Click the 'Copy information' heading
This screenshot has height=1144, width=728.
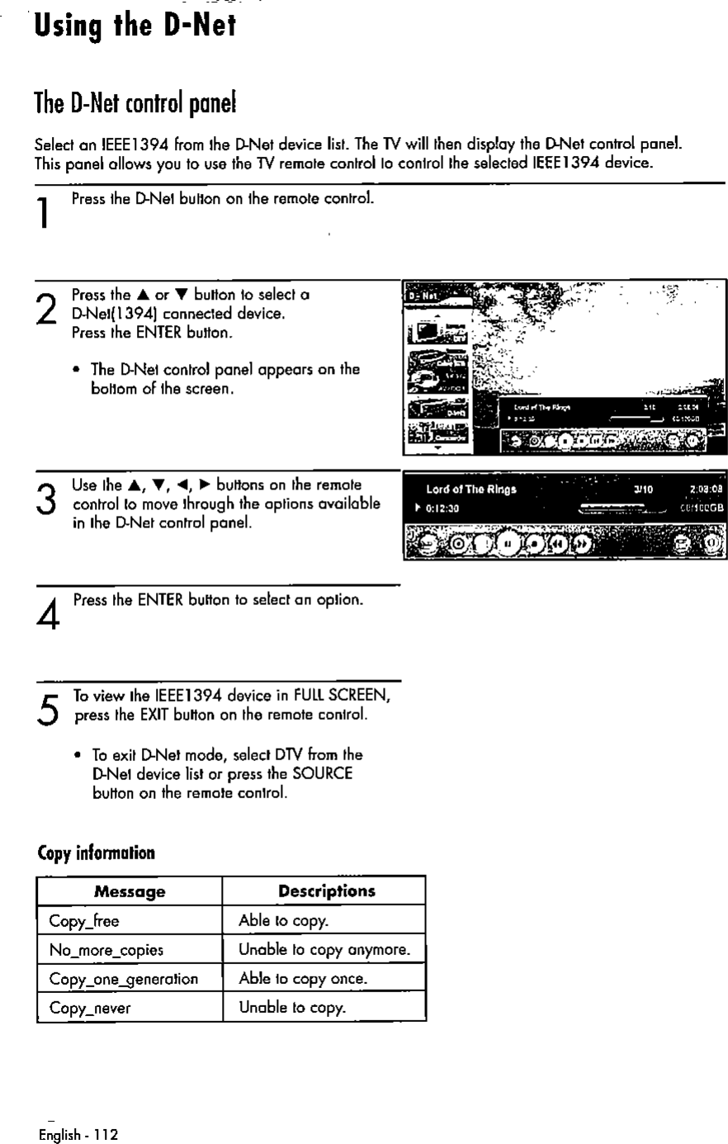[x=97, y=853]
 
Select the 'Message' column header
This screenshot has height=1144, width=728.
[x=130, y=891]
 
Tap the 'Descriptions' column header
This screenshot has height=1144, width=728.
[x=326, y=891]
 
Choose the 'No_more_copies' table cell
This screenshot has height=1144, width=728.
[x=106, y=950]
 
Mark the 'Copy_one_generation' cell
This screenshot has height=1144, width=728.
[x=123, y=979]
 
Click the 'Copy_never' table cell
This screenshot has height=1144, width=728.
[x=90, y=1008]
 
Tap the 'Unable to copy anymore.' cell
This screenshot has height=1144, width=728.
[x=324, y=950]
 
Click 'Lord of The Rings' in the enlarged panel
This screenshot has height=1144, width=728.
[x=471, y=489]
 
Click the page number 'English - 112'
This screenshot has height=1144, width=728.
[x=78, y=1135]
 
